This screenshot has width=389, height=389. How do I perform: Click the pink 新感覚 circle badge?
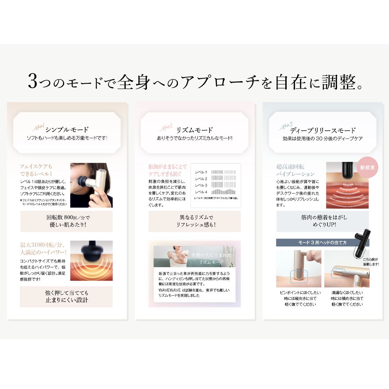(367, 167)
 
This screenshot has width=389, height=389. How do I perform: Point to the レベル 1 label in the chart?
(201, 172)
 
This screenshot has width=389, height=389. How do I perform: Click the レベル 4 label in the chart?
(201, 192)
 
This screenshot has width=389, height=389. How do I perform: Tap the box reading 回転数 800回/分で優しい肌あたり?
(66, 221)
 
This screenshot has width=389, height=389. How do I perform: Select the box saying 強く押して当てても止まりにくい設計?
(66, 296)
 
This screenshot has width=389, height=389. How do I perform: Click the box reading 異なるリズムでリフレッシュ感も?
(194, 221)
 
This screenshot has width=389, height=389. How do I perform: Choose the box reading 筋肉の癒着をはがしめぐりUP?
(323, 221)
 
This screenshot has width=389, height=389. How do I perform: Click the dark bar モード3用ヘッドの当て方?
(323, 242)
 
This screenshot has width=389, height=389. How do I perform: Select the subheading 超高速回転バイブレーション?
(295, 170)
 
